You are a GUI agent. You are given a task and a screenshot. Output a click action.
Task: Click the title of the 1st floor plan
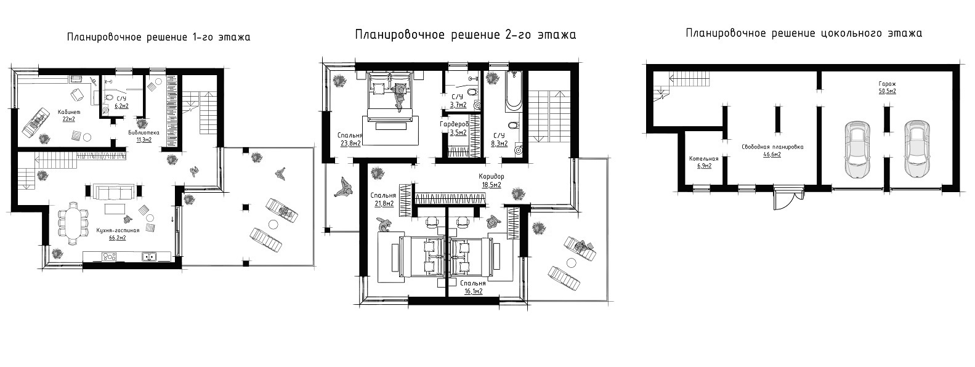point(158,38)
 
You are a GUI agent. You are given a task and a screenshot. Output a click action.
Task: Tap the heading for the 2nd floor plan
point(465,35)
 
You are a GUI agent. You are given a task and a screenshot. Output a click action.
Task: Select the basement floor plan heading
point(804,33)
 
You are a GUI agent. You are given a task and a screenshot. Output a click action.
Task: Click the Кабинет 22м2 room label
point(69,115)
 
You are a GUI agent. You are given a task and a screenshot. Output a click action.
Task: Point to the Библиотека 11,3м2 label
point(144,136)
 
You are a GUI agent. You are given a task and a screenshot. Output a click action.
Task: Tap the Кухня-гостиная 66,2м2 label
point(118,234)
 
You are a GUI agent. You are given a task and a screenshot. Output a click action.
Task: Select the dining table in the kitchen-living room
point(73,224)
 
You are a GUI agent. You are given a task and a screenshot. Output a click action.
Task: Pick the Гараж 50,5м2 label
point(887,87)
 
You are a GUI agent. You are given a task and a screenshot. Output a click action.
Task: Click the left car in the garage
point(857,150)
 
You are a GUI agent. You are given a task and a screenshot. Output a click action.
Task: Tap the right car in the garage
point(916,150)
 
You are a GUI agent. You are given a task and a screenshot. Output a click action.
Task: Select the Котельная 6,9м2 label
point(703,162)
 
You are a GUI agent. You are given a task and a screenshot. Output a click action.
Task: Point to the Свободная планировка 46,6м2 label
point(772,151)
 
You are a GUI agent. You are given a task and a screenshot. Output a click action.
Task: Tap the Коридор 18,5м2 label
point(492,180)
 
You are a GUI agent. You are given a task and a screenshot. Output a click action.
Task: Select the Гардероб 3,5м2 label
point(455,129)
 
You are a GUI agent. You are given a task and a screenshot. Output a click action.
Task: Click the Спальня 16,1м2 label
point(473,288)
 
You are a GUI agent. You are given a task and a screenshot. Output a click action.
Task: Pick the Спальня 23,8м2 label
point(350,139)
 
